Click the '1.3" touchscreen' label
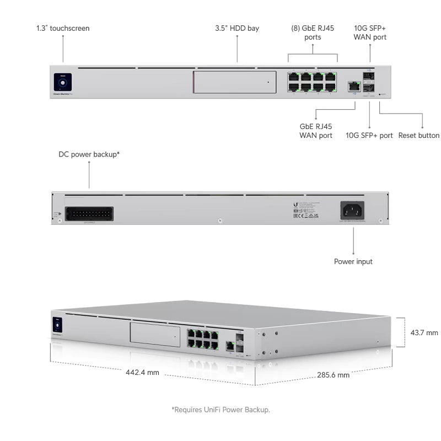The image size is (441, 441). (x=63, y=28)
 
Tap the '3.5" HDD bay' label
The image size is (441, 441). (x=237, y=28)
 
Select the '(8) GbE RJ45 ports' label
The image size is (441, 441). (x=313, y=33)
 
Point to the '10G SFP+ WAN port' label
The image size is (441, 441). (x=370, y=33)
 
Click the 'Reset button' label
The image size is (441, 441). (x=419, y=135)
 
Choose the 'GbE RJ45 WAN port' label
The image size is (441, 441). (x=316, y=131)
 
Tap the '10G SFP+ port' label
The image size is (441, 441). (x=369, y=135)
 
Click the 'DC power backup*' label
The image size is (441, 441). (x=89, y=154)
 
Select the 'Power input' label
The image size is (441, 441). (x=353, y=261)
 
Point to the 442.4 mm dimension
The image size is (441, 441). (x=142, y=373)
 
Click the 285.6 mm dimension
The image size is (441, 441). (x=333, y=375)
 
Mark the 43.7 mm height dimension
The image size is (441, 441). (x=424, y=332)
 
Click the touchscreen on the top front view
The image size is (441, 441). (x=63, y=83)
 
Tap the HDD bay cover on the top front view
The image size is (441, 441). (x=235, y=82)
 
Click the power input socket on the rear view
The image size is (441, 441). (x=352, y=209)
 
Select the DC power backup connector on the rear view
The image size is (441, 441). (x=89, y=213)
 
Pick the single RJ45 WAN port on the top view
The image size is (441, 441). (x=354, y=86)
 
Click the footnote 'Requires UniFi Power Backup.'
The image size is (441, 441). (x=220, y=410)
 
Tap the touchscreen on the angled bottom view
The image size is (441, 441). (x=57, y=325)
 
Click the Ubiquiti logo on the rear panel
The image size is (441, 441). (x=296, y=205)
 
